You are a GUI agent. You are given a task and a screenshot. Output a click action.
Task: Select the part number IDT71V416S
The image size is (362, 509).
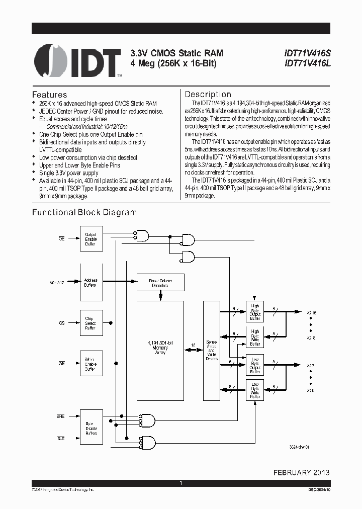pyautogui.click(x=307, y=53)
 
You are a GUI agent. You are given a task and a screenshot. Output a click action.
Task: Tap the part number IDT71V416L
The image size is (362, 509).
pyautogui.click(x=307, y=63)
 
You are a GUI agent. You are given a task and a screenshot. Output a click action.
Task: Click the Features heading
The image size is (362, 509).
pyautogui.click(x=49, y=95)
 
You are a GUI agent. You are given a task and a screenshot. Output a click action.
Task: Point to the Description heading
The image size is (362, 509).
pyautogui.click(x=208, y=94)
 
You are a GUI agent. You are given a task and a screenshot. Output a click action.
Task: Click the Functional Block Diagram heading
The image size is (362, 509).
pyautogui.click(x=84, y=212)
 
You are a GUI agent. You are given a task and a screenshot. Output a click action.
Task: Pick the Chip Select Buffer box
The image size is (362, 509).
pyautogui.click(x=91, y=323)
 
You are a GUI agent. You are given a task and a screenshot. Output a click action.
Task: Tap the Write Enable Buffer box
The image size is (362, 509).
pyautogui.click(x=91, y=364)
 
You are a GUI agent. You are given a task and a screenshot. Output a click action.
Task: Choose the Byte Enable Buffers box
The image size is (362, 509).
pyautogui.click(x=91, y=429)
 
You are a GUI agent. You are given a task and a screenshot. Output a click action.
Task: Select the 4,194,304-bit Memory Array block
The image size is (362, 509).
pyautogui.click(x=160, y=347)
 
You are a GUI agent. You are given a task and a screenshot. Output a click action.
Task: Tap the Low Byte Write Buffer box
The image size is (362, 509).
pyautogui.click(x=255, y=390)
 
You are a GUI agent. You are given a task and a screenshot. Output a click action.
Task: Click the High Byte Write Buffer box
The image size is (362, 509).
pyautogui.click(x=255, y=337)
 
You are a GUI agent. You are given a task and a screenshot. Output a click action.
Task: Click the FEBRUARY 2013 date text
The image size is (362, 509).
pyautogui.click(x=301, y=472)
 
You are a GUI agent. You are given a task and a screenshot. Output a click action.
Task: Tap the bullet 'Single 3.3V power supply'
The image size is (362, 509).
pyautogui.click(x=69, y=173)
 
